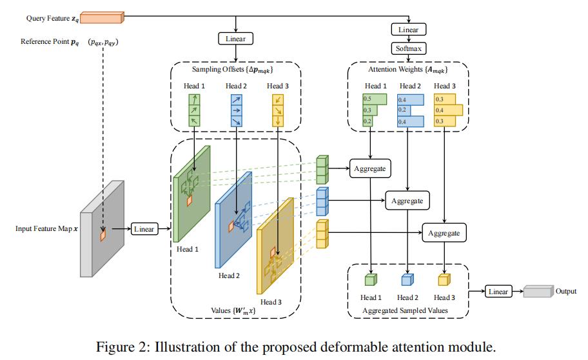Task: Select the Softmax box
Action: pyautogui.click(x=408, y=48)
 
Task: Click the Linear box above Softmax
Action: pyautogui.click(x=408, y=30)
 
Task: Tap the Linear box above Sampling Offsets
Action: pyautogui.click(x=236, y=39)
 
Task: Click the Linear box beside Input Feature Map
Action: pyautogui.click(x=144, y=229)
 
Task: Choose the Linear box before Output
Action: pyautogui.click(x=498, y=292)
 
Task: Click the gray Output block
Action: pyautogui.click(x=538, y=292)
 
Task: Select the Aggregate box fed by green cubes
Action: pyautogui.click(x=369, y=168)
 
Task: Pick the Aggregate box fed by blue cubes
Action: pyautogui.click(x=407, y=201)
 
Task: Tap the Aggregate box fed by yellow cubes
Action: pyautogui.click(x=444, y=232)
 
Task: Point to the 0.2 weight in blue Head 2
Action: pyautogui.click(x=402, y=110)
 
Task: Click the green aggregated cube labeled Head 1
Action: pyautogui.click(x=371, y=279)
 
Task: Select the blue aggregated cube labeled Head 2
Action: pyautogui.click(x=407, y=279)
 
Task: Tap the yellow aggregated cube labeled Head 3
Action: pyautogui.click(x=444, y=279)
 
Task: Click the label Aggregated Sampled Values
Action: pyautogui.click(x=406, y=310)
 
